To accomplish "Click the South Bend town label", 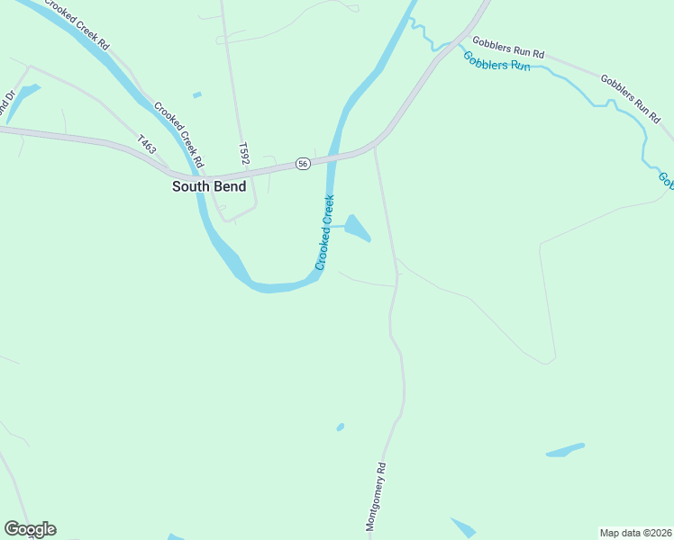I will pyautogui.click(x=209, y=186).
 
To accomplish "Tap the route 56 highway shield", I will pyautogui.click(x=303, y=163).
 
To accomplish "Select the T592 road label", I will pyautogui.click(x=243, y=152).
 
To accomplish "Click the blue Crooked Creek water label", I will pyautogui.click(x=325, y=232).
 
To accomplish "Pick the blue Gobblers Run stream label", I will pyautogui.click(x=496, y=62).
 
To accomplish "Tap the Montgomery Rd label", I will pyautogui.click(x=377, y=495).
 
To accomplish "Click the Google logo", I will pyautogui.click(x=30, y=529).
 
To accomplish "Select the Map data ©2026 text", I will pyautogui.click(x=635, y=533).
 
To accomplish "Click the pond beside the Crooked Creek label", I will pyautogui.click(x=357, y=228).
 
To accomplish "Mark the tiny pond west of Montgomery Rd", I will pyautogui.click(x=340, y=427).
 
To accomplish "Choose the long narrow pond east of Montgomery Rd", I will pyautogui.click(x=565, y=449).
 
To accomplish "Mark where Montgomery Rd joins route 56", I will pyautogui.click(x=374, y=148).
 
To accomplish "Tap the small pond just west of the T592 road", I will pyautogui.click(x=197, y=94).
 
